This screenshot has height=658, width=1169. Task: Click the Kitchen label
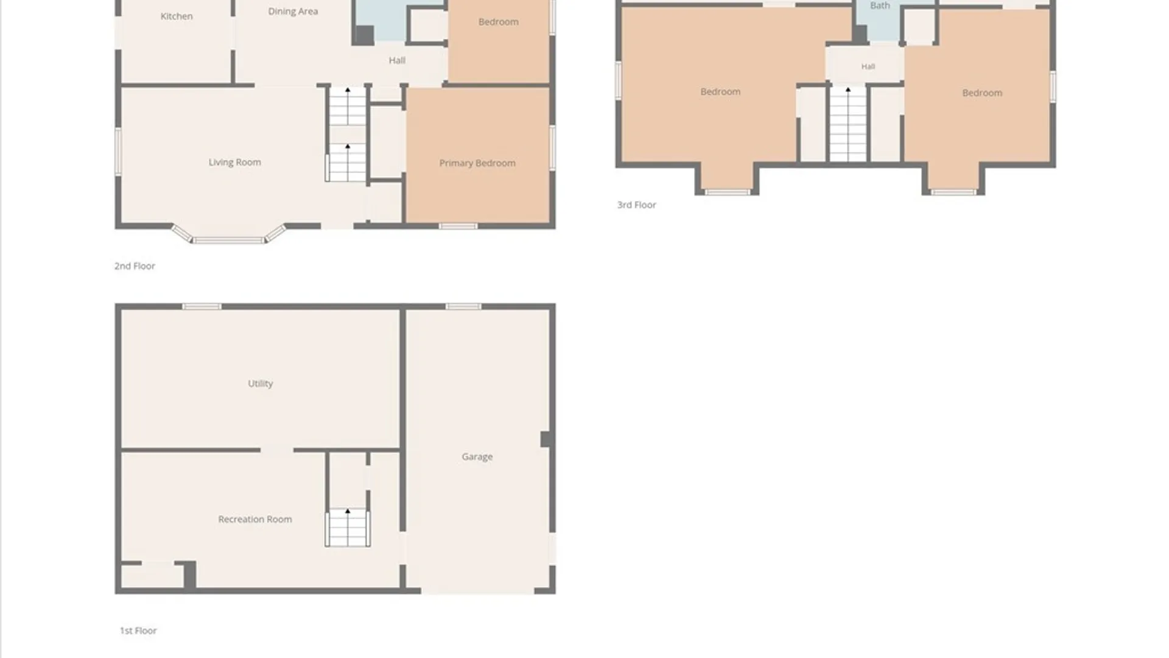coord(177,16)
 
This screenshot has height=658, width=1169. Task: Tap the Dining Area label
coord(293,12)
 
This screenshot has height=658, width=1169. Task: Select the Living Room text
coord(234,162)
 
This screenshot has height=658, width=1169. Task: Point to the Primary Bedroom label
coord(477,163)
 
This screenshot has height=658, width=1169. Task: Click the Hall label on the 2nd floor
coord(397,60)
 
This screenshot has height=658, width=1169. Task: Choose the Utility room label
coord(261,384)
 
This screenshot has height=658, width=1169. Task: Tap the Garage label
coord(477,457)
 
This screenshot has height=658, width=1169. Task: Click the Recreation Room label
coord(255,519)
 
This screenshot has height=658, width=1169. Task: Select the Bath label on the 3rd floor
coord(880,5)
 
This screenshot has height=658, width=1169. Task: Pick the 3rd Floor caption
coord(636,205)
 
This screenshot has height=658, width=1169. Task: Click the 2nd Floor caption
coord(135,266)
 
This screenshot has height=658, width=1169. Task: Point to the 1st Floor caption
coord(138,631)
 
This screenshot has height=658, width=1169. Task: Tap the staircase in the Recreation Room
coord(348,528)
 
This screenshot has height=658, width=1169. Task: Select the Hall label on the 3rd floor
coord(868,66)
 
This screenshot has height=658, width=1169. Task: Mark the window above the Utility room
coord(202,306)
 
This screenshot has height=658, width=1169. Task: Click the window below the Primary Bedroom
coord(458,227)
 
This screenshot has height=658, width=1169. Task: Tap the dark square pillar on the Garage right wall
coord(547,439)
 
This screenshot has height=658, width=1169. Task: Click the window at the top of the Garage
coord(463,306)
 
